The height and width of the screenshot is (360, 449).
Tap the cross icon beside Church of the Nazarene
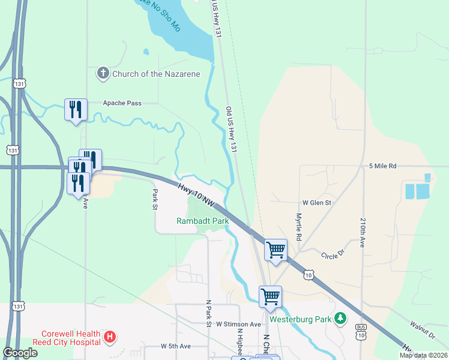click(103, 74)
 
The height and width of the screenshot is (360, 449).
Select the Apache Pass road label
click(122, 103)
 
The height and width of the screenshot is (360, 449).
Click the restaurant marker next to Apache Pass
click(76, 109)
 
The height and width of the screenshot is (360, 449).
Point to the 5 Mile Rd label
click(383, 166)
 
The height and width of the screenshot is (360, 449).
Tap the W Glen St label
click(316, 203)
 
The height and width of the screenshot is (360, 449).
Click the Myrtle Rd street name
click(299, 223)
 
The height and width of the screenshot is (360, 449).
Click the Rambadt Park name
click(202, 221)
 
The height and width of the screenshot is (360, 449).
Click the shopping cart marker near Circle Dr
click(276, 249)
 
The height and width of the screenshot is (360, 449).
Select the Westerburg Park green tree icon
click(341, 317)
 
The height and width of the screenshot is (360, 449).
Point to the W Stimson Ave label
click(238, 324)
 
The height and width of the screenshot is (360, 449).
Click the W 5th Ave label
click(175, 346)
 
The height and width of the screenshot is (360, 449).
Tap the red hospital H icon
click(109, 337)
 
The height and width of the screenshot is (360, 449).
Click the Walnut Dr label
click(422, 330)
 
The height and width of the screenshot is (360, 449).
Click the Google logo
click(20, 353)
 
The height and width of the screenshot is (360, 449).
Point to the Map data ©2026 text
click(423, 355)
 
